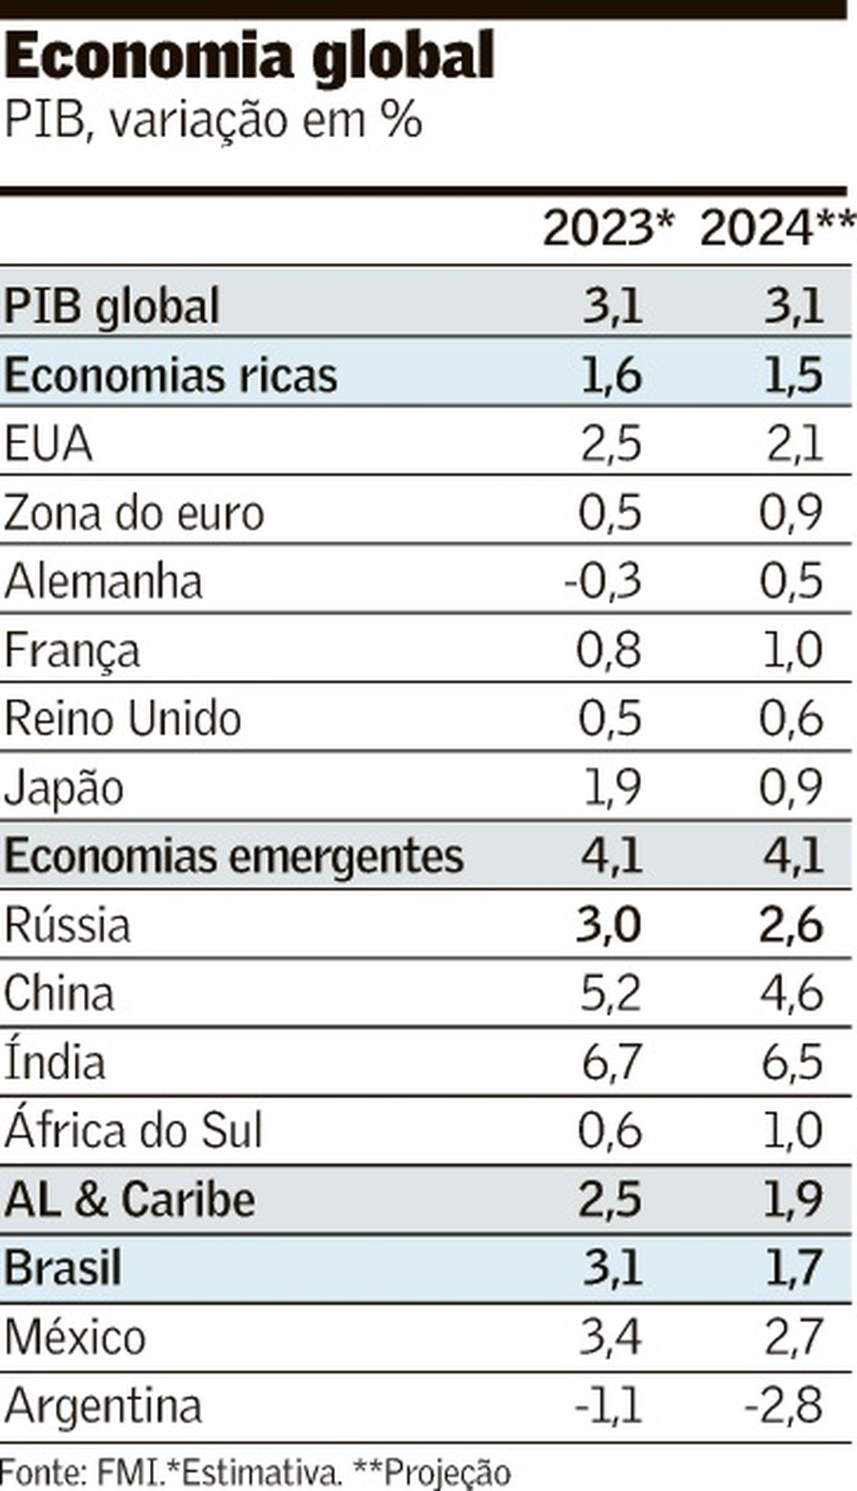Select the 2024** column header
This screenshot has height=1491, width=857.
pos(776,229)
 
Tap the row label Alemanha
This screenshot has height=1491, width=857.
pos(104,580)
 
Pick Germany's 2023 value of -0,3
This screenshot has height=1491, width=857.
pos(602,580)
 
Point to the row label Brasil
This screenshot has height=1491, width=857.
pos(63,1268)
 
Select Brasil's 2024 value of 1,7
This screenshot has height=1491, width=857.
pos(792,1268)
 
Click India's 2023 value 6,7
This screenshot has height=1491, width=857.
pos(610,1061)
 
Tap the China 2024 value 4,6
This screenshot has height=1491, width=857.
pos(790,993)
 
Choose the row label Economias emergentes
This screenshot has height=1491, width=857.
pos(233,856)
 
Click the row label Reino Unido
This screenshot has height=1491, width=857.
pos(123,718)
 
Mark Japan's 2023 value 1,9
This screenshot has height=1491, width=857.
pos(611,787)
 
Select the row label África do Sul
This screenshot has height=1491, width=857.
pos(133,1130)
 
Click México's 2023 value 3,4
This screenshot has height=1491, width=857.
pos(609,1337)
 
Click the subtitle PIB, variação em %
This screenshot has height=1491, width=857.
pos(213,120)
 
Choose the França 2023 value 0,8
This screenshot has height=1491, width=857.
pos(608,650)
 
